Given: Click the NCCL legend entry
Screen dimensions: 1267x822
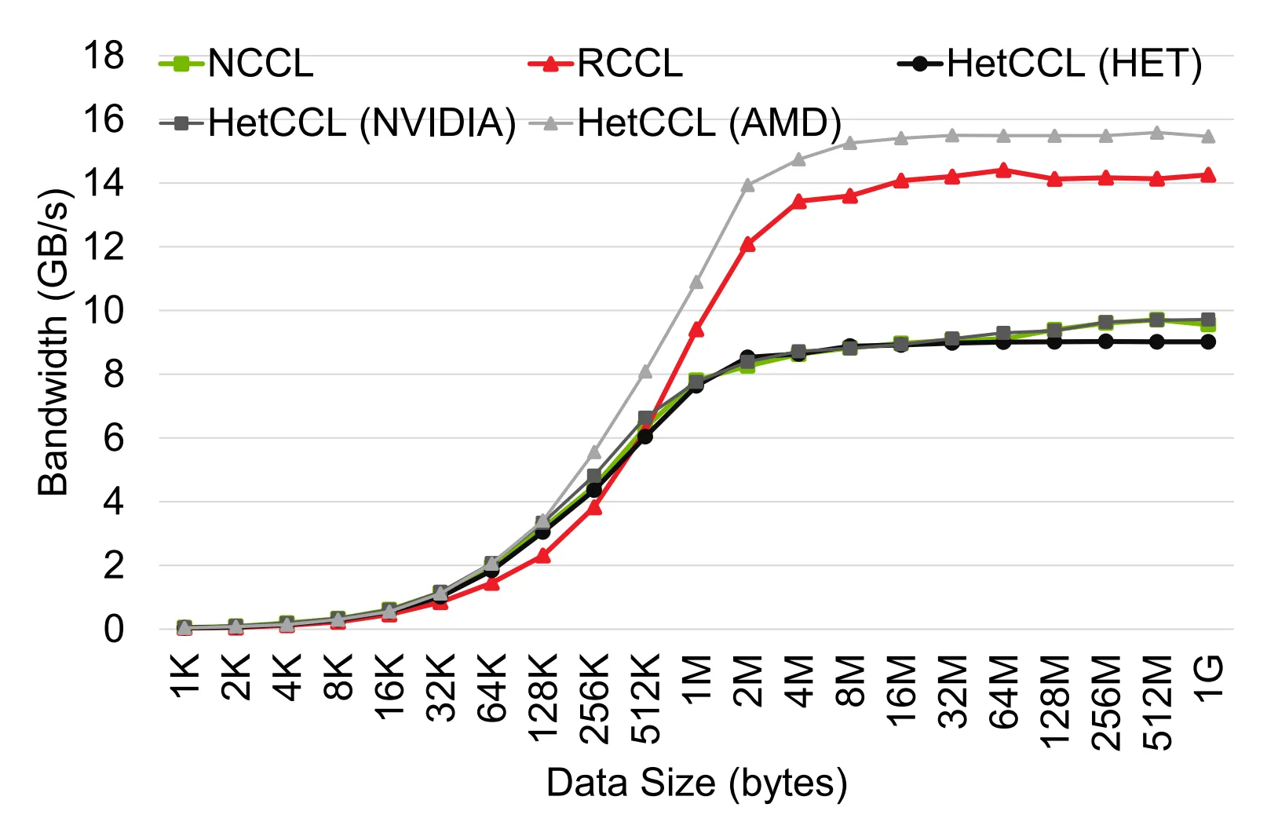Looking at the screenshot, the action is pos(236,64).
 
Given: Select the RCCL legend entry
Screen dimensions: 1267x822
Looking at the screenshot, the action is pos(605,64).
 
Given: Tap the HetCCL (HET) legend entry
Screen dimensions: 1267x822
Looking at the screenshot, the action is pos(1050,64).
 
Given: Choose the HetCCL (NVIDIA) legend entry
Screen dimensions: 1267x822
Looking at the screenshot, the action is pos(338,122).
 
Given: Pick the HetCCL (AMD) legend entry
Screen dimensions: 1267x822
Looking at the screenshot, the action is pos(685,122).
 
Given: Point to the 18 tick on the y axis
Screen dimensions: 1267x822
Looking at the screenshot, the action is pos(104,56).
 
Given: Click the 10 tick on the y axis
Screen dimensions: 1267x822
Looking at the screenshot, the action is pos(104,311).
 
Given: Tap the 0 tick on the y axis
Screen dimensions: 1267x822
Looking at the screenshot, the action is pos(114,629).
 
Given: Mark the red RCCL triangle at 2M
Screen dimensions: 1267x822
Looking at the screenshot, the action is pos(748,244).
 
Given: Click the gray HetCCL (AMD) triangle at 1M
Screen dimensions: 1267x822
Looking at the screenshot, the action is pos(696,281).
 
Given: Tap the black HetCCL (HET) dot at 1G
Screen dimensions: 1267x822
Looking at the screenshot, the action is pos(1208,342).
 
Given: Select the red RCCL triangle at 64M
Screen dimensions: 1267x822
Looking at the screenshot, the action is pos(1003,170).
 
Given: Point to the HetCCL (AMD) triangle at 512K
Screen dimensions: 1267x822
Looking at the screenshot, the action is pos(645,371).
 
